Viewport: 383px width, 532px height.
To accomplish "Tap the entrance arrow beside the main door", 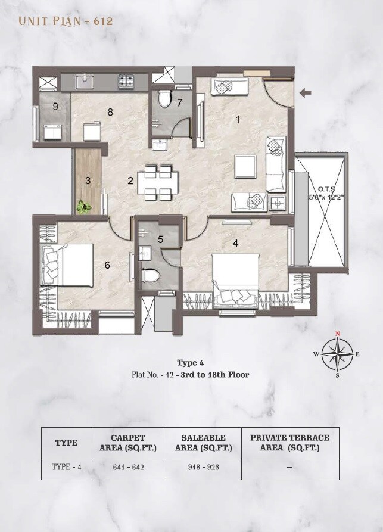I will [x=306, y=92].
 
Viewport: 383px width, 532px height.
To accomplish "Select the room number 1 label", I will [x=238, y=120].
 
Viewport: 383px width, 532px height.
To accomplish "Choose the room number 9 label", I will [x=55, y=107].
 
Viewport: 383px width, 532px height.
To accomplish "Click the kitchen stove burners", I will [x=126, y=79].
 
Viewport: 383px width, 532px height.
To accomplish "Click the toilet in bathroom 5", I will [x=150, y=277].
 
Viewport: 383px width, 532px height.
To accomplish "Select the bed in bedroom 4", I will [x=235, y=279].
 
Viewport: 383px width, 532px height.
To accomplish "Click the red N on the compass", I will [x=338, y=334].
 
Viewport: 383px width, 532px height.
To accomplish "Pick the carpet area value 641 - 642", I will [x=128, y=467].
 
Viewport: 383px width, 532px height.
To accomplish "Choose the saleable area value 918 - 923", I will [x=203, y=467].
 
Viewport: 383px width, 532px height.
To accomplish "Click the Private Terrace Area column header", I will [x=289, y=442].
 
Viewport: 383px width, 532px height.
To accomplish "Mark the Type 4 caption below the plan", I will [x=190, y=362].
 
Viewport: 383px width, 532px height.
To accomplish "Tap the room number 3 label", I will [x=88, y=181].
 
